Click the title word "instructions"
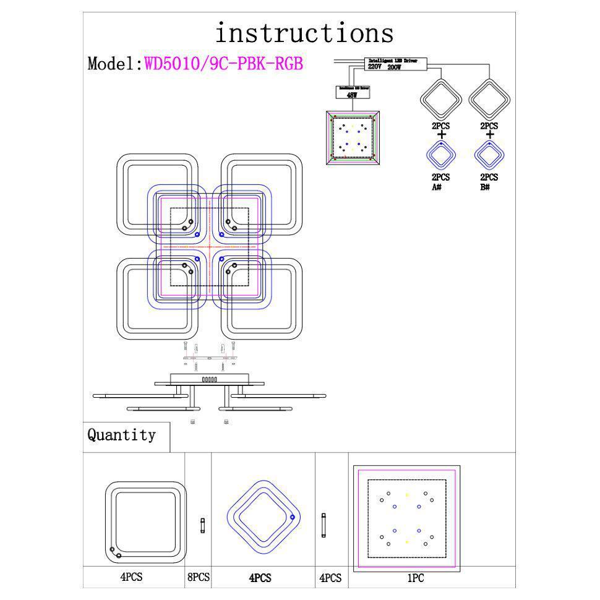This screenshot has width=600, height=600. pyautogui.click(x=304, y=32)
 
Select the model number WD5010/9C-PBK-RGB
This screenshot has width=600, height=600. pyautogui.click(x=223, y=64)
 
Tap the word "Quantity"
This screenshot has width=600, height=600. pyautogui.click(x=121, y=435)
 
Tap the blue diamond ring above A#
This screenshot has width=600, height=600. pyautogui.click(x=441, y=155)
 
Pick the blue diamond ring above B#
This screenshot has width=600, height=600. pyautogui.click(x=489, y=155)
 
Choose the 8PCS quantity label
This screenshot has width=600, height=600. pyautogui.click(x=198, y=577)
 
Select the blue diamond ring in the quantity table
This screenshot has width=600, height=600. pyautogui.click(x=263, y=518)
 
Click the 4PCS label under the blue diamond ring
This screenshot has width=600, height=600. pyautogui.click(x=260, y=578)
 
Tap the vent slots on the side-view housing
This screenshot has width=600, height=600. pyautogui.click(x=210, y=380)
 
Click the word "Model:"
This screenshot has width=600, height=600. pyautogui.click(x=115, y=64)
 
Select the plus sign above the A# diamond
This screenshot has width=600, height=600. pyautogui.click(x=441, y=134)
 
